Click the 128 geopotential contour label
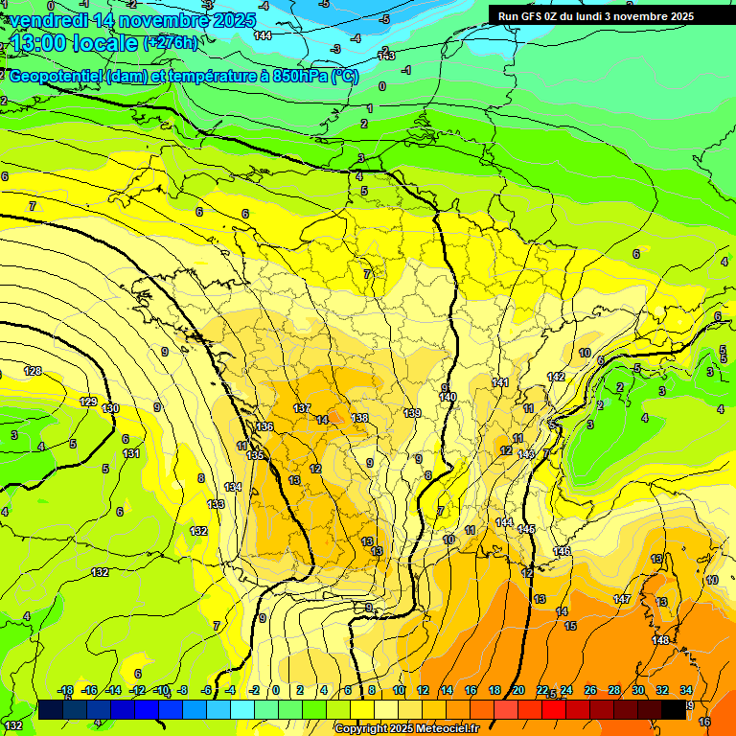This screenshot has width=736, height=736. coord(34,371)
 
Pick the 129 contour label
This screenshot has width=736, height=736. coord(88,402)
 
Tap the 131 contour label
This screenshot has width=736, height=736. coord(132,453)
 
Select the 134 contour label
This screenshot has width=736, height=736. coord(233,487)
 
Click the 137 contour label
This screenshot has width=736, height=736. coord(302,408)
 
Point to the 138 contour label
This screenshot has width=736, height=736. coord(359,418)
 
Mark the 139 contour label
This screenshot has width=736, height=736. coord(412,413)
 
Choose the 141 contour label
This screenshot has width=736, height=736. coord(500,382)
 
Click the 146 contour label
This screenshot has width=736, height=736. coord(562,550)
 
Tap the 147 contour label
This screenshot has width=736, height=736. coord(622,599)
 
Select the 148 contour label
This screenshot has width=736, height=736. coord(660,640)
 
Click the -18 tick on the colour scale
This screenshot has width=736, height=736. coord(66,690)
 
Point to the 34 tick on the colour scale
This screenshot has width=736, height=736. coord(686,690)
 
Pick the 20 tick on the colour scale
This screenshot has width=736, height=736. coord(517,690)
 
